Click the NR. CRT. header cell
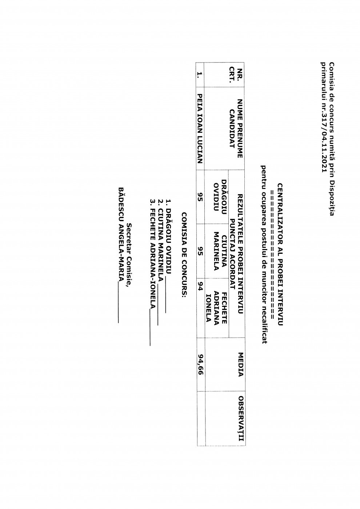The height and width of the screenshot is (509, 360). pos(235,75)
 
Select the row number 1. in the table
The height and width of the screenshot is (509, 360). pos(199,75)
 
